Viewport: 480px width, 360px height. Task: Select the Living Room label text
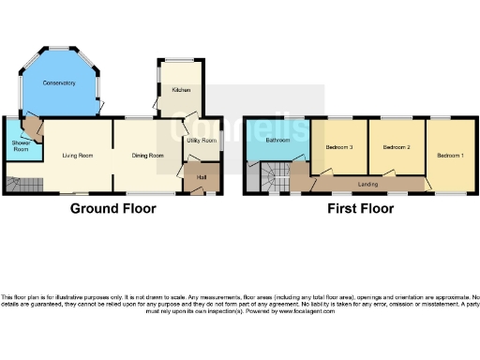tap(78, 156)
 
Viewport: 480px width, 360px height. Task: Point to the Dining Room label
tap(147, 156)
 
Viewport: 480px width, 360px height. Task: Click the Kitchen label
tap(181, 90)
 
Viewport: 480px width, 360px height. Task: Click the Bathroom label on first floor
tap(277, 141)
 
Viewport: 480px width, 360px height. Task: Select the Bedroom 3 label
tap(338, 147)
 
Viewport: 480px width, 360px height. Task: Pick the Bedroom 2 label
tap(397, 147)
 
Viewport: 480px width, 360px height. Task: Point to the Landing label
tap(368, 184)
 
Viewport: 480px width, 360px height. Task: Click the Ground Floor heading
tap(113, 209)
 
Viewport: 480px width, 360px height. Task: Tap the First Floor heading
tap(360, 209)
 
